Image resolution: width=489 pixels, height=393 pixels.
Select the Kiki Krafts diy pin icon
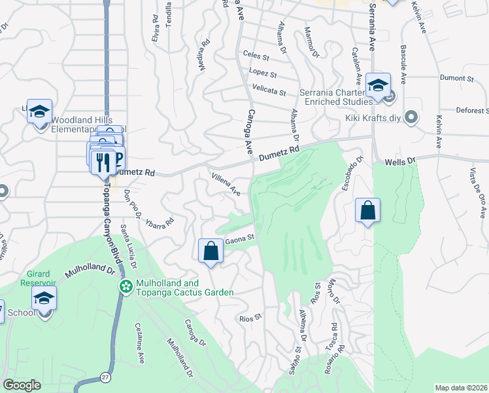[411, 118]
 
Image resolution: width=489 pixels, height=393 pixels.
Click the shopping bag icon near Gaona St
[211, 251]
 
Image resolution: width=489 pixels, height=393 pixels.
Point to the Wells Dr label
[400, 160]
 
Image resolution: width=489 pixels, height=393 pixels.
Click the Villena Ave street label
[226, 183]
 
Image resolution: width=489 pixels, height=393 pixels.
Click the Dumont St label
[456, 79]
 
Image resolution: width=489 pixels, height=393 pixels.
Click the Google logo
[22, 385]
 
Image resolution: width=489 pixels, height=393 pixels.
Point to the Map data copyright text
[462, 388]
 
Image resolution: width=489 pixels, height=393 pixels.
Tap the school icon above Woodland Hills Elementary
[39, 111]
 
